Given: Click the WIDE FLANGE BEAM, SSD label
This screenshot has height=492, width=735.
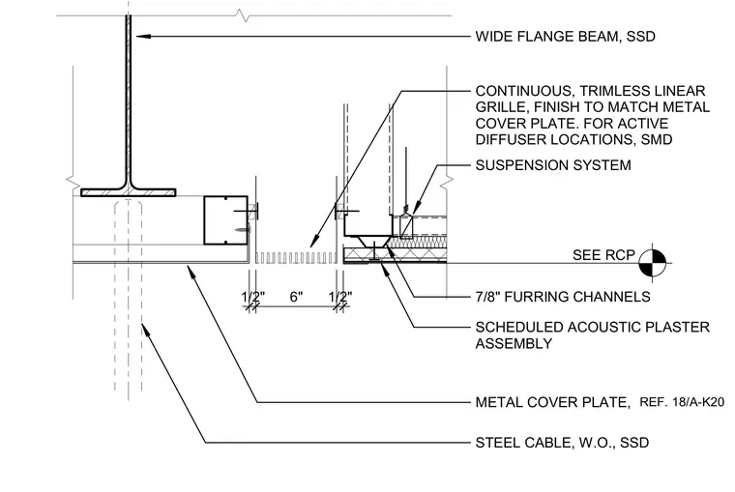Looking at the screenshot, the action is (565, 37).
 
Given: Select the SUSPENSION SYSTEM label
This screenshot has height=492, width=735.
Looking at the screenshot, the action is (553, 165).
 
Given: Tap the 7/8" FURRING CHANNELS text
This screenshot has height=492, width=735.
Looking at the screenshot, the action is (563, 297).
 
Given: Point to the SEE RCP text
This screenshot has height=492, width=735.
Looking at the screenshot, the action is (603, 255).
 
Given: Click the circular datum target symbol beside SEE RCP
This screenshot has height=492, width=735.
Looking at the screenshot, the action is (653, 263).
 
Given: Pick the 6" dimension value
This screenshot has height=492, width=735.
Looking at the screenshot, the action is (296, 297).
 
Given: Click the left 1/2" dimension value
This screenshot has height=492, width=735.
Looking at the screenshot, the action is (253, 297).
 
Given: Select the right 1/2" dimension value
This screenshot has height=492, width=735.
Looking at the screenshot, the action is (340, 297).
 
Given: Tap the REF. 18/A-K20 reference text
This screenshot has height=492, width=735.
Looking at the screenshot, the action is (682, 402).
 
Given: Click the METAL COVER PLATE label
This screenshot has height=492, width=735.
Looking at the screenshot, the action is (553, 402).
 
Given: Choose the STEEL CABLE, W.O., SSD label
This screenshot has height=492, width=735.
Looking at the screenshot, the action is (562, 443).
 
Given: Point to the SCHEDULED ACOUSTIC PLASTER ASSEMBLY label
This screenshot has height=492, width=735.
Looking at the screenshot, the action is (593, 335).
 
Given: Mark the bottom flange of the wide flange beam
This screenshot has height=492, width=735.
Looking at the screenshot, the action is (129, 192).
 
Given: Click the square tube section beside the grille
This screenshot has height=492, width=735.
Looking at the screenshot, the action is (225, 220).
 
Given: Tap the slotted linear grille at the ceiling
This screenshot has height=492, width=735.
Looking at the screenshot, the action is (296, 258).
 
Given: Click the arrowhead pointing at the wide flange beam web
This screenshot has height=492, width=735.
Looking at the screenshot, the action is (143, 36).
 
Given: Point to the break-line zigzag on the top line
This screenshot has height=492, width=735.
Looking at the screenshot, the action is (245, 15).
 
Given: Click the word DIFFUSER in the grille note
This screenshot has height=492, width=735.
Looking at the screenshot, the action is (510, 139).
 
